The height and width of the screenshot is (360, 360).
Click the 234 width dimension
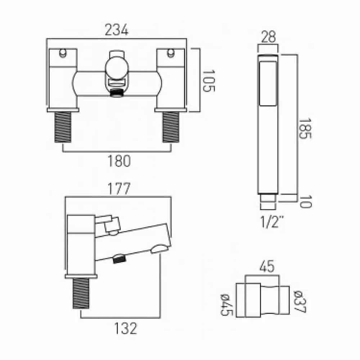pyautogui.click(x=116, y=31)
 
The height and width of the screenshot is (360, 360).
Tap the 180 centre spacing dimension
pyautogui.click(x=119, y=161)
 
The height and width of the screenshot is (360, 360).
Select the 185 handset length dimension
pyautogui.click(x=305, y=129)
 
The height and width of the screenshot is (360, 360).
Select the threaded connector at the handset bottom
pyautogui.click(x=268, y=201)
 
